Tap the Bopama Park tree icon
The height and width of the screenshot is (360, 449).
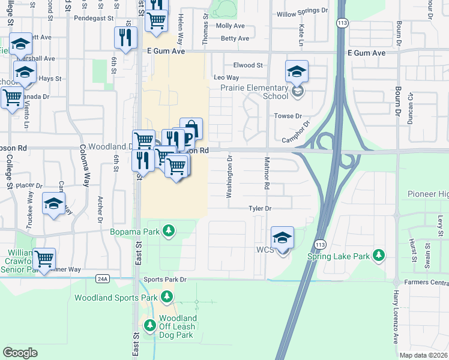tap(169, 230)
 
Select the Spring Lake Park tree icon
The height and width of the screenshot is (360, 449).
tap(378, 256)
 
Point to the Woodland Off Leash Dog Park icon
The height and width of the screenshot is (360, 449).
tap(149, 326)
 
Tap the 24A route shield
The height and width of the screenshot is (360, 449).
tap(103, 278)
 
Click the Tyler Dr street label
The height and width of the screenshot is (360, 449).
tap(261, 208)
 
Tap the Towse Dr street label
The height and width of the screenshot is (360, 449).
tap(288, 116)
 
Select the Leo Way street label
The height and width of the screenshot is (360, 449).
tap(226, 78)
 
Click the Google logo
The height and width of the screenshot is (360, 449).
tap(20, 353)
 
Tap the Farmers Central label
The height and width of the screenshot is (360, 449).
tap(426, 282)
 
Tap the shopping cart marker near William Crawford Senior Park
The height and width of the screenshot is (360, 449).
tap(44, 259)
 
